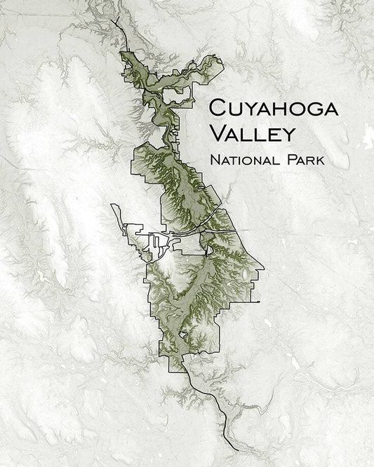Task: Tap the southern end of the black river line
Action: tap(238, 449)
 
